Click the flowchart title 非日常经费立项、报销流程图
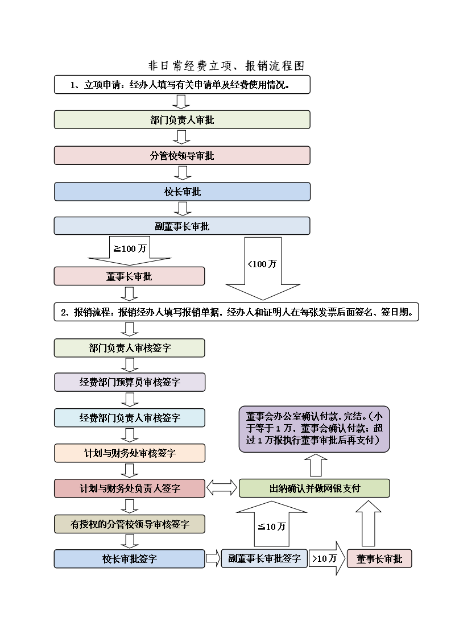pyautogui.click(x=226, y=66)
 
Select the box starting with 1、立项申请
pyautogui.click(x=182, y=85)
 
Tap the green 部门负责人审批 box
pyautogui.click(x=182, y=120)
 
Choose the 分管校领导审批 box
pyautogui.click(x=182, y=155)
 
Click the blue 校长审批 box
pyautogui.click(x=182, y=192)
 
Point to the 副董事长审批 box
pyautogui.click(x=182, y=226)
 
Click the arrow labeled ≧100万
pyautogui.click(x=130, y=250)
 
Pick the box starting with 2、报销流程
pyautogui.click(x=236, y=312)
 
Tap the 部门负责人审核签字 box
pyautogui.click(x=129, y=348)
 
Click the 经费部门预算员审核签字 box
pyautogui.click(x=129, y=382)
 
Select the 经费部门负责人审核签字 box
pyautogui.click(x=129, y=418)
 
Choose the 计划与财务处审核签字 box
pyautogui.click(x=129, y=453)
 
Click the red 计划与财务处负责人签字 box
pyautogui.click(x=129, y=488)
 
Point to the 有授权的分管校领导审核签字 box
pyautogui.click(x=129, y=524)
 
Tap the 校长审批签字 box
pyautogui.click(x=129, y=559)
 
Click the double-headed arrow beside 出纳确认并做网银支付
pyautogui.click(x=222, y=487)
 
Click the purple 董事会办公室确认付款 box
pyautogui.click(x=314, y=428)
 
